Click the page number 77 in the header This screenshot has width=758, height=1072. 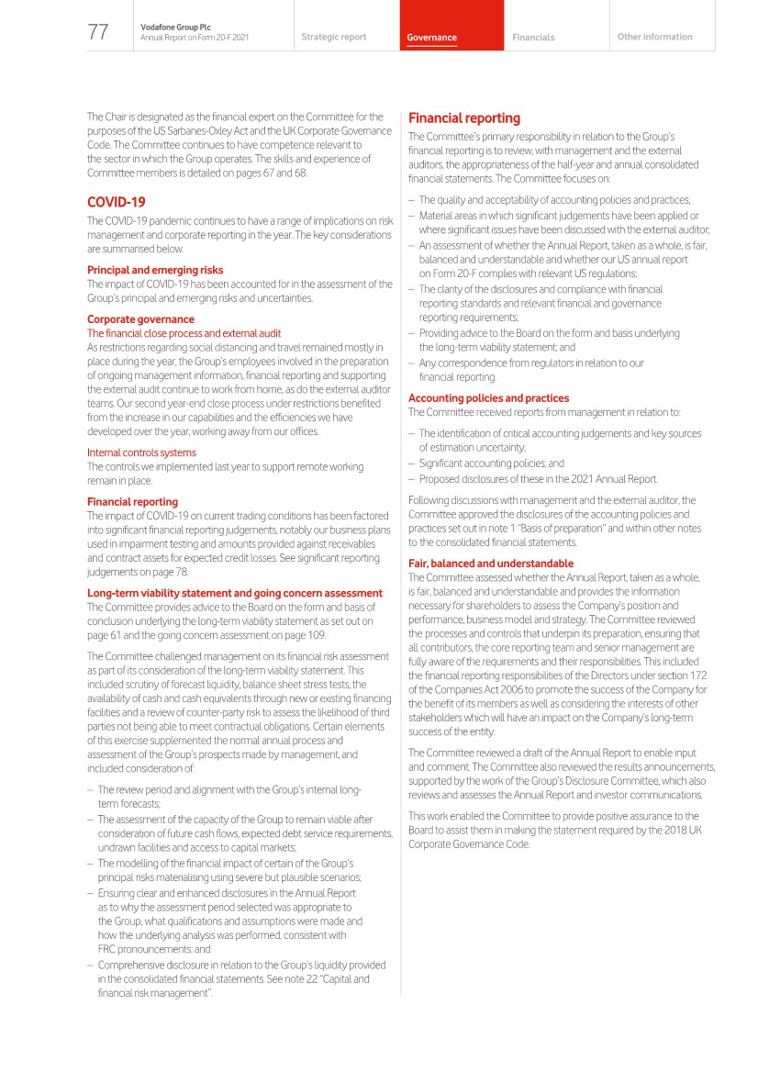[x=98, y=32]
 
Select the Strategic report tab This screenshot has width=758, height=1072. [x=333, y=38]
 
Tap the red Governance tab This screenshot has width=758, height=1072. [x=432, y=38]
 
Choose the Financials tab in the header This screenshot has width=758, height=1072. [x=533, y=38]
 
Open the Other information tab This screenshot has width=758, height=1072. [x=654, y=38]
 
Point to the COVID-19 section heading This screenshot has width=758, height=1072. [x=117, y=201]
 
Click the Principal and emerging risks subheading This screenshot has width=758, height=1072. [x=155, y=270]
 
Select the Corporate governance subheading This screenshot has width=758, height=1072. [x=140, y=319]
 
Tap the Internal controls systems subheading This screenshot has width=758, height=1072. [x=141, y=452]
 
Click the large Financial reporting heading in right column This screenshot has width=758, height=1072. [x=463, y=118]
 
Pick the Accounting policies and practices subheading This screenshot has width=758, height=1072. [x=488, y=398]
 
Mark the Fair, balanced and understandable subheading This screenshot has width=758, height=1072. [x=491, y=564]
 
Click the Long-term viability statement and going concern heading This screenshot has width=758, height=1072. [x=235, y=593]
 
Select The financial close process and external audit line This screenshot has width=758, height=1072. [x=184, y=333]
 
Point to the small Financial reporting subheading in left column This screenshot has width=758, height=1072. [x=132, y=502]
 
